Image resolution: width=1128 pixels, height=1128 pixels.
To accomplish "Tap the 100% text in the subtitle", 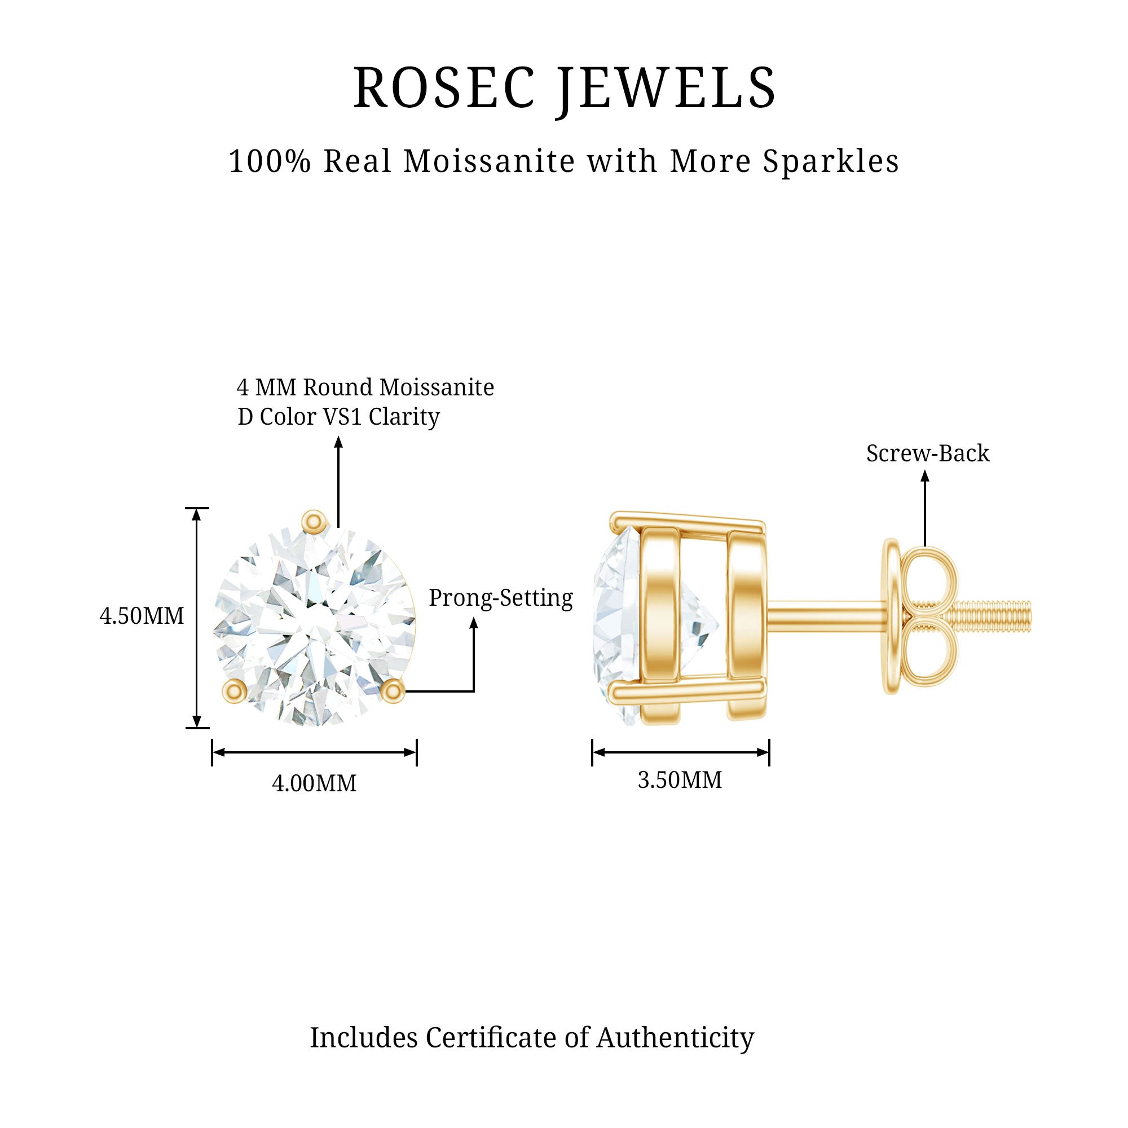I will coord(270,162).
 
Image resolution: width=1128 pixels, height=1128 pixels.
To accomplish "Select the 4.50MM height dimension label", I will coord(142,616).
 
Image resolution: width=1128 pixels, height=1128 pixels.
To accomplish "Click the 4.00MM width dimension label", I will coord(314,783).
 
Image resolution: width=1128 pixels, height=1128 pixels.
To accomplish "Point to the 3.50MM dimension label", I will coord(680,780).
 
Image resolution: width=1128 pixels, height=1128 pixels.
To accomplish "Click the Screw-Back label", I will coord(928,453).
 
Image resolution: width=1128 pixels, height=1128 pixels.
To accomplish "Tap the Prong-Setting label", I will coord(501,598).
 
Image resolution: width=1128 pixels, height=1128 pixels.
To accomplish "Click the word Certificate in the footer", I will coord(492,1038).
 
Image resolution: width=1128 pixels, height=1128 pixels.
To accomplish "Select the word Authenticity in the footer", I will coord(675,1038).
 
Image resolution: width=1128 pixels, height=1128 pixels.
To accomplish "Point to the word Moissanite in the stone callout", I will coord(436,387).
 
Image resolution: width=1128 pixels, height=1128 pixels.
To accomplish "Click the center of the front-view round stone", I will coord(314,626).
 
